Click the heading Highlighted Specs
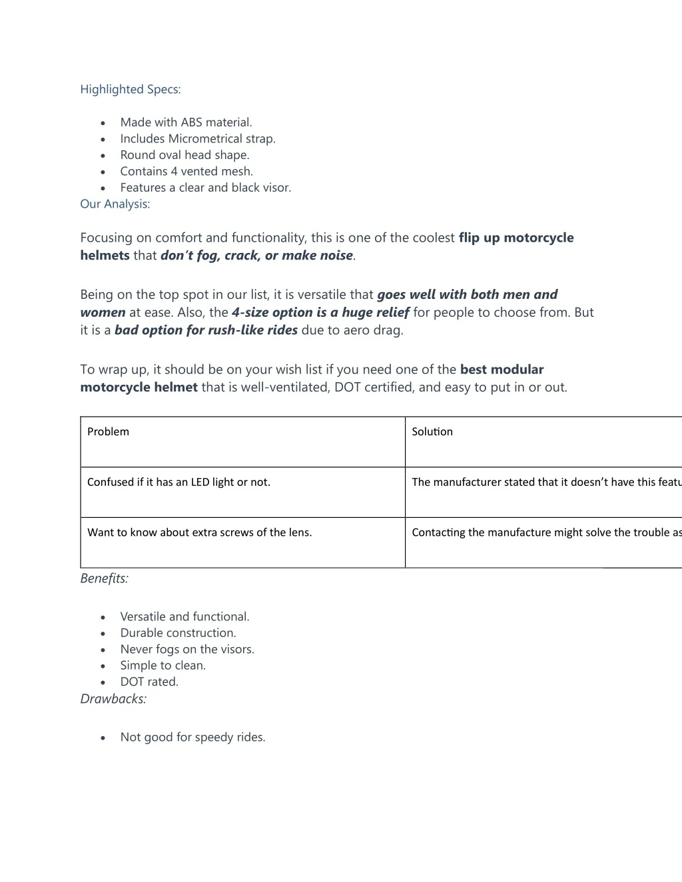click(130, 89)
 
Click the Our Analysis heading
click(115, 204)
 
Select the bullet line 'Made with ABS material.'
click(186, 122)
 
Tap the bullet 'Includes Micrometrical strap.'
click(197, 138)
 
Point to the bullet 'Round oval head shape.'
click(184, 155)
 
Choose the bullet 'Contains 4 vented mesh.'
click(186, 171)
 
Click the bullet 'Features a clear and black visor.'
click(205, 188)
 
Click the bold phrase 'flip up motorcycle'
click(515, 238)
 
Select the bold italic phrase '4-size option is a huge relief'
click(320, 312)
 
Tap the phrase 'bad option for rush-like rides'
click(206, 330)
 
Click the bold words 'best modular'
click(502, 369)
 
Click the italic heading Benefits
click(104, 578)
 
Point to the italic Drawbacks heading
click(113, 699)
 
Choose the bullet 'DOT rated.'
click(149, 682)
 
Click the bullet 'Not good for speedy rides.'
click(192, 737)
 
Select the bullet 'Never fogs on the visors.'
click(187, 649)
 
